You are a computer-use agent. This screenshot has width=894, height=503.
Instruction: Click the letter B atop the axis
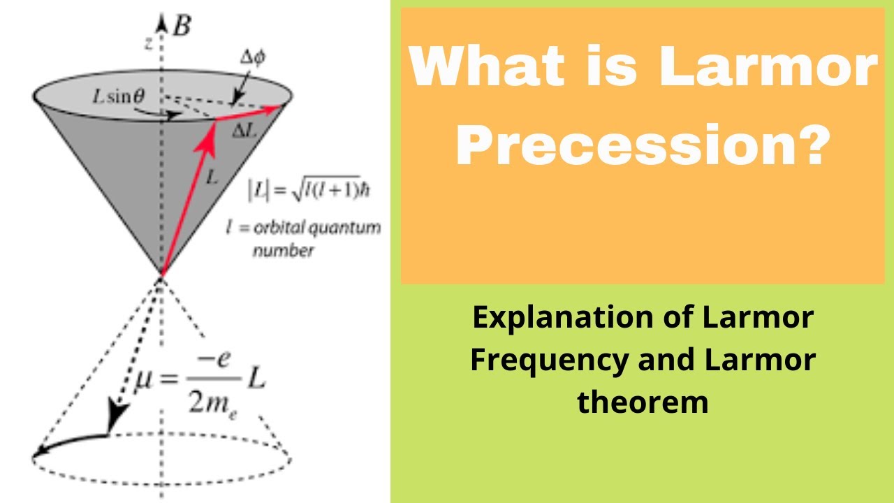[x=182, y=27]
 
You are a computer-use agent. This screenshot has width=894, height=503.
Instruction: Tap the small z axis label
[x=148, y=43]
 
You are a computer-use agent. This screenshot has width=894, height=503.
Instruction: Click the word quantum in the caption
[x=347, y=228]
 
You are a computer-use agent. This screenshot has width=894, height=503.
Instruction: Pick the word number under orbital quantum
[x=283, y=251]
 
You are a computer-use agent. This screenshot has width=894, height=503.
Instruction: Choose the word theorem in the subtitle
[x=643, y=402]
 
